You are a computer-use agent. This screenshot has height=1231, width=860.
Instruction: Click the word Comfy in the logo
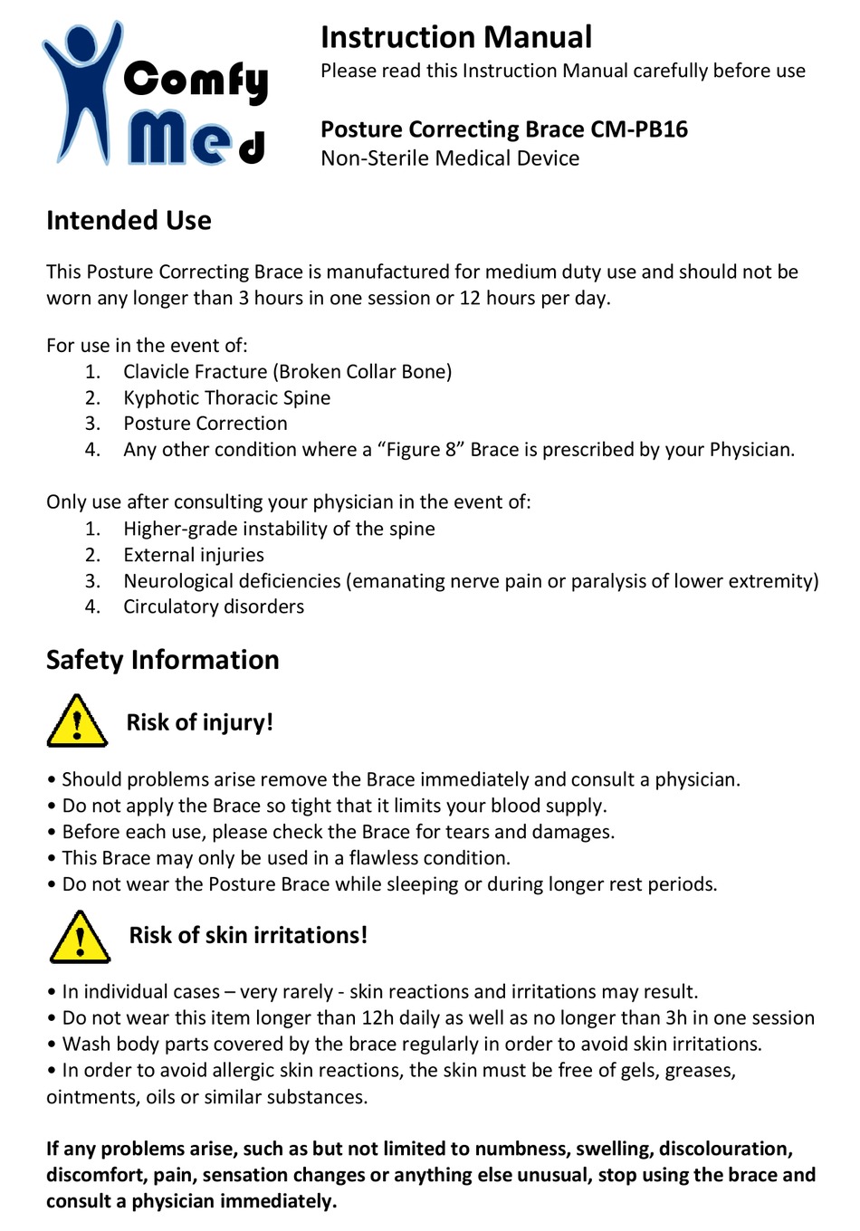(x=196, y=81)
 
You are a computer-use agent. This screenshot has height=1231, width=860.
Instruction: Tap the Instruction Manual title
(x=455, y=37)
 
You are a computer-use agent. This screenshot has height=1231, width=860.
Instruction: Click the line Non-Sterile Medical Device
(x=450, y=158)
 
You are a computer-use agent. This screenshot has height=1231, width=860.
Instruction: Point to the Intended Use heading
(x=129, y=221)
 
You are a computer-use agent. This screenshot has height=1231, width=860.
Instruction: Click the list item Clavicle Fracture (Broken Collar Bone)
(x=287, y=372)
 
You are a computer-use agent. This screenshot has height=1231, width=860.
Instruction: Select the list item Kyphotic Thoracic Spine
(x=226, y=398)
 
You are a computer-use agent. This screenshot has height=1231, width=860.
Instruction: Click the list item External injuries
(x=194, y=555)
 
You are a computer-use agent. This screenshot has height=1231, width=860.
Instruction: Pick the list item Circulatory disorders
(x=214, y=607)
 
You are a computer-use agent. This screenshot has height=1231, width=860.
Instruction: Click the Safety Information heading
(x=163, y=660)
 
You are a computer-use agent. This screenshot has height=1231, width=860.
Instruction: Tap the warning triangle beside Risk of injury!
(x=77, y=722)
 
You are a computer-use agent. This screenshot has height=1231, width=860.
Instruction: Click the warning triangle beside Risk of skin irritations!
(x=80, y=938)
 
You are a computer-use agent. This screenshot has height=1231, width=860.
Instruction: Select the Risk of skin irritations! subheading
(x=248, y=935)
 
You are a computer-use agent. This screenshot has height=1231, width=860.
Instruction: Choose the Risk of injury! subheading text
(x=199, y=722)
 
